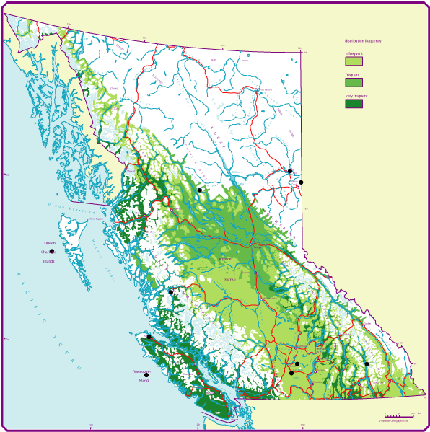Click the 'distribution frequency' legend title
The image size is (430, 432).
pos(363,41)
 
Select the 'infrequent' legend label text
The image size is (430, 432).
pos(354,53)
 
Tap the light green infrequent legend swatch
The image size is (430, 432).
pos(354,61)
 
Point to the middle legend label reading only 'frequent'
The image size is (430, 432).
pos(352,74)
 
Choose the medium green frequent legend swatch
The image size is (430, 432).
pos(354,82)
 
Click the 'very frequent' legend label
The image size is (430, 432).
pos(356,96)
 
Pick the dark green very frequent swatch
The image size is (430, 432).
pos(354,104)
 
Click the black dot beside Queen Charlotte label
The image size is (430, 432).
pos(52,252)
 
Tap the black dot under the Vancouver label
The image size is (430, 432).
pos(146,375)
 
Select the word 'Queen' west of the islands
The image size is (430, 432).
pos(50,244)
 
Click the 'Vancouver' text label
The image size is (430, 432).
pos(142,371)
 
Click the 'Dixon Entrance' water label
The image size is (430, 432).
pos(71,209)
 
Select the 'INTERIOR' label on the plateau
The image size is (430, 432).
pos(225,259)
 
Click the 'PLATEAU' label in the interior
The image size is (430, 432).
pos(229,279)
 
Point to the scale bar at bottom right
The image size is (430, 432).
pos(403,416)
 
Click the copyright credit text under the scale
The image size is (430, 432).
pos(393,421)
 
